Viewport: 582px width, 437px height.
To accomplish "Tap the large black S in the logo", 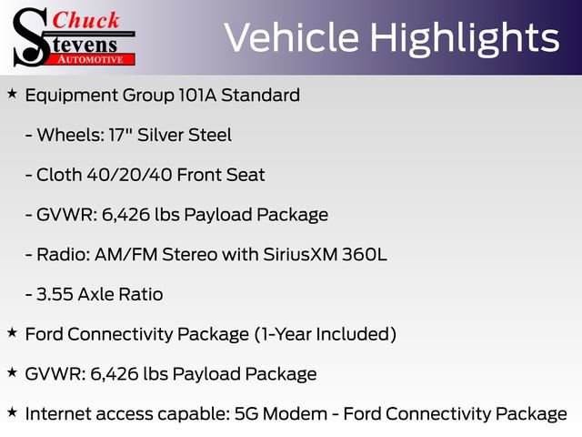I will tap(28, 36).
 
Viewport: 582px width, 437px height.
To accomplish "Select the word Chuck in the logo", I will tap(85, 19).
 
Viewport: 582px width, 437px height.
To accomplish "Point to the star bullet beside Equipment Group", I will tap(12, 93).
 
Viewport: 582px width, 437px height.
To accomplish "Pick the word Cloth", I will tap(60, 175).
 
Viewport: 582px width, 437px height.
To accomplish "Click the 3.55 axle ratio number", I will tap(58, 294).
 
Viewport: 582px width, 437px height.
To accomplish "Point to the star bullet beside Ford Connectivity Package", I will tap(12, 332).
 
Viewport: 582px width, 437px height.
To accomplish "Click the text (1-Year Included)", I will tap(325, 334).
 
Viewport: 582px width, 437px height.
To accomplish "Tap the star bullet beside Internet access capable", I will tap(12, 412).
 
